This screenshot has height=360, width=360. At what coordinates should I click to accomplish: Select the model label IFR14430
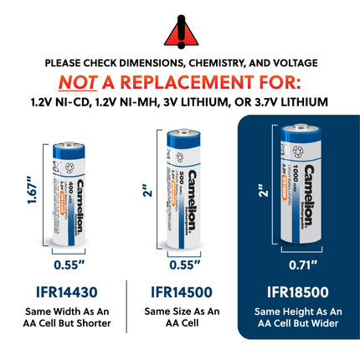pyautogui.click(x=65, y=292)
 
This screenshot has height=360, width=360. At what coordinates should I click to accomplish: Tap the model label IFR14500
pyautogui.click(x=179, y=292)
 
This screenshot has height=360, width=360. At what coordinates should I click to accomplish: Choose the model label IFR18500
pyautogui.click(x=297, y=292)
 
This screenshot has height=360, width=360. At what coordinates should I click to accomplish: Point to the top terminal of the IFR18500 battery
pyautogui.click(x=298, y=126)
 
